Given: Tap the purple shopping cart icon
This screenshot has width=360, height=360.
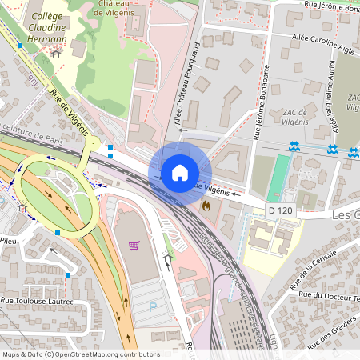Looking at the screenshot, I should click(x=134, y=245).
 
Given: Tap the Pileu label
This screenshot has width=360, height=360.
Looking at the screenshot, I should click(x=10, y=238).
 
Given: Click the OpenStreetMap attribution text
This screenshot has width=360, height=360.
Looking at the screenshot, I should click(x=80, y=354).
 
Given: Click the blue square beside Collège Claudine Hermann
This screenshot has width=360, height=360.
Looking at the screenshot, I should click(x=19, y=46).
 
